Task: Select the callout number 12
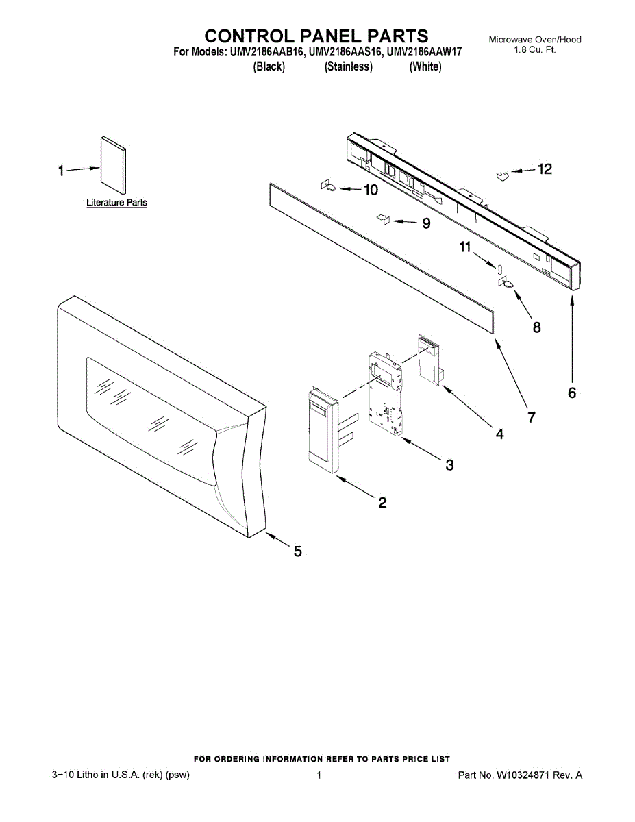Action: (544, 169)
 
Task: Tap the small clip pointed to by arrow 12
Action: (504, 177)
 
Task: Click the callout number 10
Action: (370, 190)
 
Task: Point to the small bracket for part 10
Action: (328, 186)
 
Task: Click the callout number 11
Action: (466, 247)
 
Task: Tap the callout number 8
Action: (536, 327)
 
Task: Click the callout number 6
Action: (572, 393)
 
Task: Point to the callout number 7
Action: (531, 416)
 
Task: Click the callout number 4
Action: (499, 434)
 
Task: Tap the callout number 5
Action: (298, 551)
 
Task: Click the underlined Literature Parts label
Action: (116, 203)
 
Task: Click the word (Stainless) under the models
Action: (349, 66)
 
